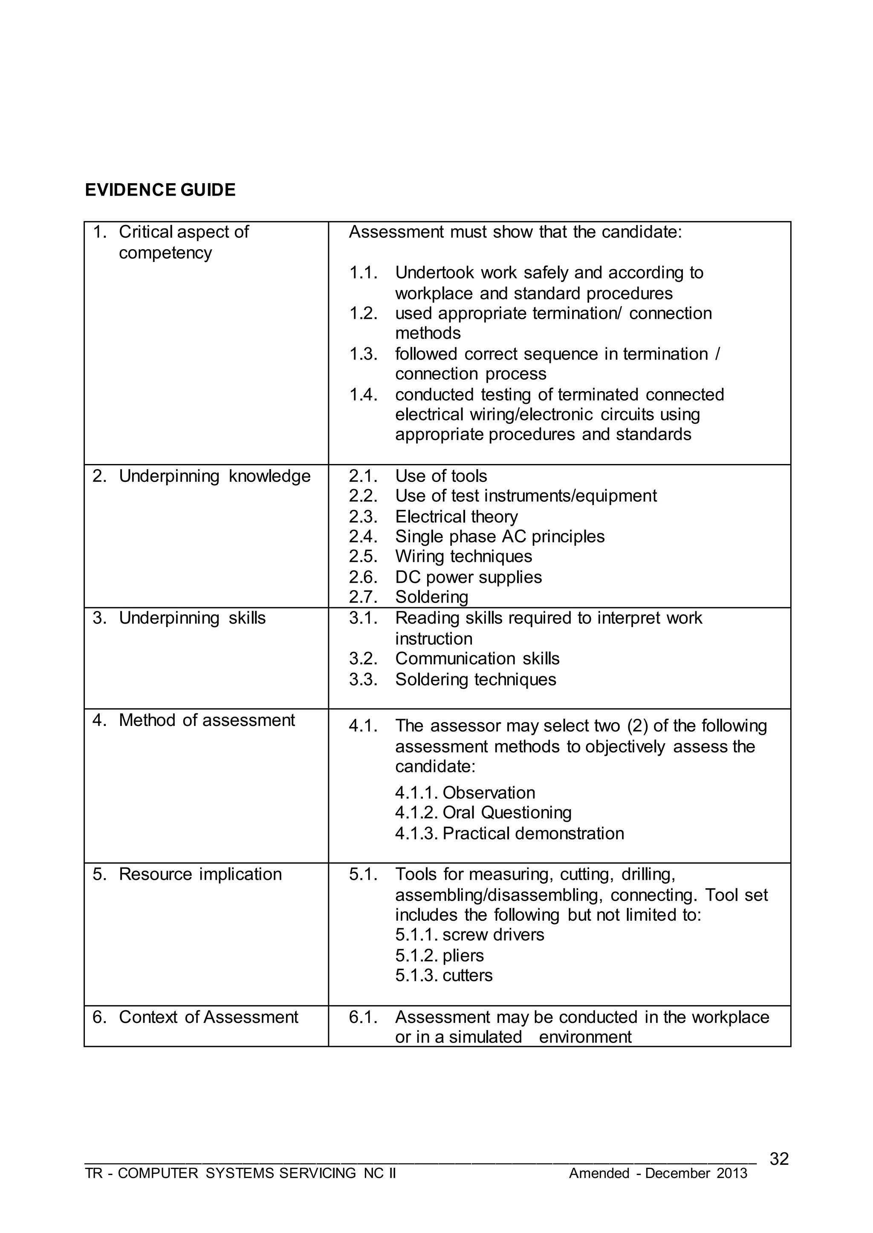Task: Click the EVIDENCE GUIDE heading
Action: pos(160,190)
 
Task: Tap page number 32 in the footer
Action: pos(779,1159)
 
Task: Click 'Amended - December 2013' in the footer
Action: pos(658,1173)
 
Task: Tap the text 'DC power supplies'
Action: pos(468,577)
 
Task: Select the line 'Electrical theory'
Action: pos(457,516)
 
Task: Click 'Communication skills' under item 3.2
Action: pos(477,658)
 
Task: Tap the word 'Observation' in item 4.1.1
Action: pos(489,792)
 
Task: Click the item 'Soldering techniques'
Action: pos(475,679)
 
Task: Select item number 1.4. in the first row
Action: pos(363,395)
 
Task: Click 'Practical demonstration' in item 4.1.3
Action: pos(533,833)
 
